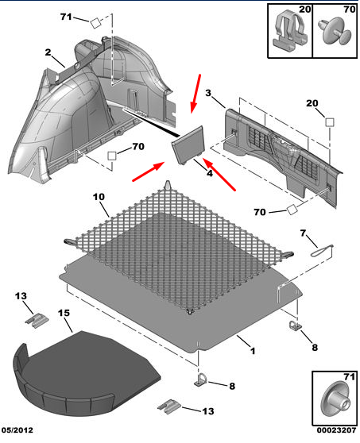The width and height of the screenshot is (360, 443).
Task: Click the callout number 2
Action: click(48, 52)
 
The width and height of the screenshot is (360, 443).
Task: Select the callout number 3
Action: click(208, 93)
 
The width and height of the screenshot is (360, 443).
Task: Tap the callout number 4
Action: click(209, 173)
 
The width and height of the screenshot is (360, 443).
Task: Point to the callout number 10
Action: click(99, 197)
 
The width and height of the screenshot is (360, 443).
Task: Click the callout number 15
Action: click(64, 313)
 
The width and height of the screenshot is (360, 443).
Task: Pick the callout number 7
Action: click(303, 233)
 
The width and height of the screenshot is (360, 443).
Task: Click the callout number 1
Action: click(253, 351)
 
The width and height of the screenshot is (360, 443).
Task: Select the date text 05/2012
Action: click(17, 430)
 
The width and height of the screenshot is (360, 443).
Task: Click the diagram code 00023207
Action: click(336, 430)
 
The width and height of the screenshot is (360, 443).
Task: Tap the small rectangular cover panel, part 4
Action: click(188, 144)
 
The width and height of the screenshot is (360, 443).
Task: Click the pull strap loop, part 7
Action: click(322, 251)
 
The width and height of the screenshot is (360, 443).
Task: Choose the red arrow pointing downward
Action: click(195, 94)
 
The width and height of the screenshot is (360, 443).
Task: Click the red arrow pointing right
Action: click(149, 171)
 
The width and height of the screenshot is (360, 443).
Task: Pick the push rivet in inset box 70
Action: click(335, 32)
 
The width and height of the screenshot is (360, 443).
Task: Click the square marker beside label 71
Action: click(95, 23)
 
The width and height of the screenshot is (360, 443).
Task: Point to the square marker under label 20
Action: click(330, 122)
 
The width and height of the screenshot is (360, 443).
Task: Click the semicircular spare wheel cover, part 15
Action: click(85, 373)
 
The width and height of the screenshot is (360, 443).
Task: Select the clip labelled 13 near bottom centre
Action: click(168, 406)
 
